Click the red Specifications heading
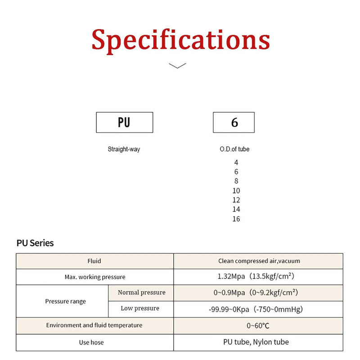click(181, 40)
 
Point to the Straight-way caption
click(124, 149)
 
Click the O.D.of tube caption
click(234, 149)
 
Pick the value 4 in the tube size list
click(236, 162)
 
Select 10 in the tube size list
click(236, 190)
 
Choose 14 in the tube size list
click(236, 209)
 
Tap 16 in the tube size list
click(236, 219)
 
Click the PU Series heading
click(35, 243)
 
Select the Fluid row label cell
click(95, 261)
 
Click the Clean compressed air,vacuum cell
click(258, 261)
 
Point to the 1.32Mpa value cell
click(258, 277)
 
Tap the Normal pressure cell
click(141, 293)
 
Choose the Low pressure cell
click(141, 309)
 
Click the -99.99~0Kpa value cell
click(258, 309)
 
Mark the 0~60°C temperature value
click(258, 325)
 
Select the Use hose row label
click(91, 342)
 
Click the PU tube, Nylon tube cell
click(258, 342)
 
